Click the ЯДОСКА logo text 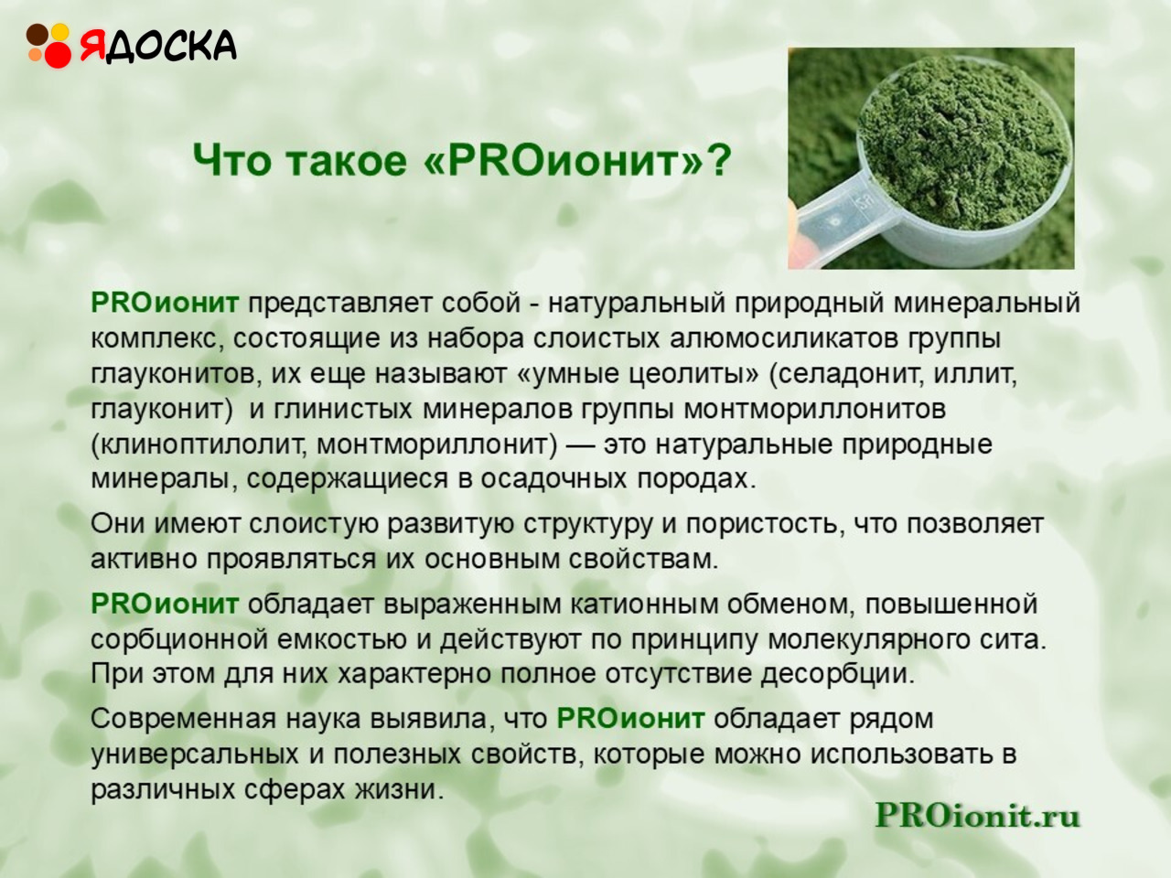point(158,47)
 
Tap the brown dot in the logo point(37,34)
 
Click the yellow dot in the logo point(60,31)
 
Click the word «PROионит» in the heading point(562,160)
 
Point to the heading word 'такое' point(349,162)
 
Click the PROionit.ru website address point(977,815)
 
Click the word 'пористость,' point(766,525)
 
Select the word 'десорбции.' point(838,675)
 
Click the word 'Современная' point(183,720)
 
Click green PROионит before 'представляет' point(165,304)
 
